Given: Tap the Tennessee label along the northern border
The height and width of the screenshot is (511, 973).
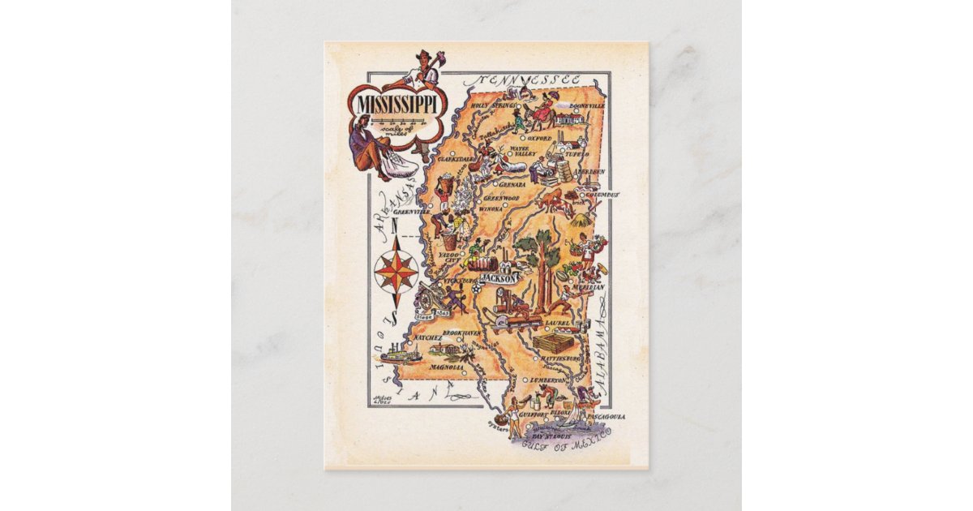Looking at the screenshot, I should [529, 80].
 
